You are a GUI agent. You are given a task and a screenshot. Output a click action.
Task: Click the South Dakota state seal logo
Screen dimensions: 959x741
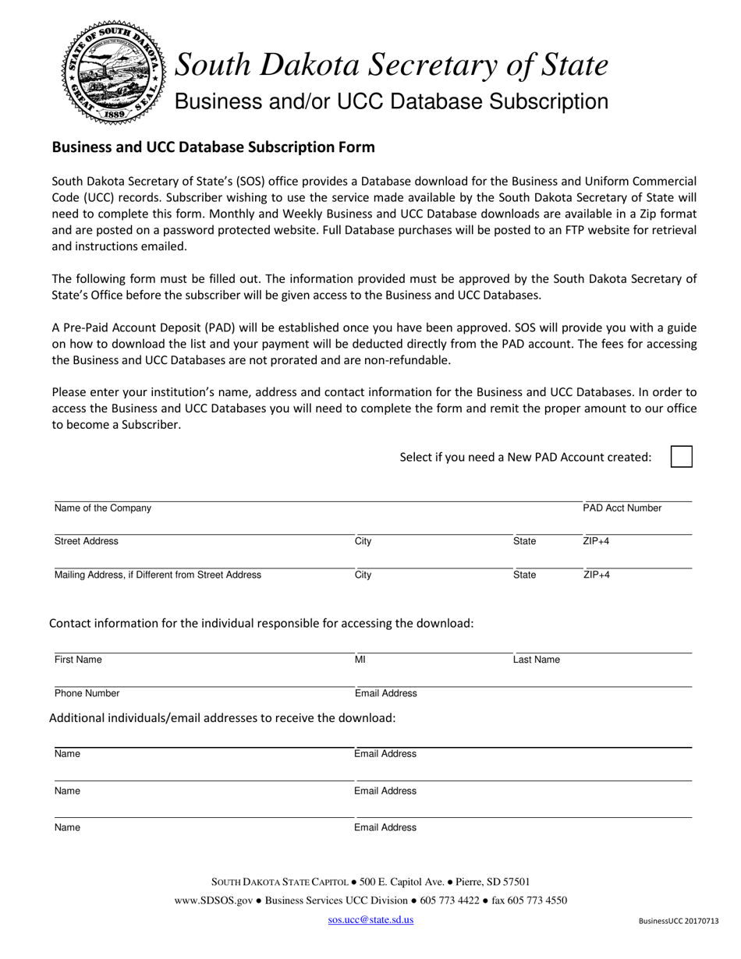click(113, 71)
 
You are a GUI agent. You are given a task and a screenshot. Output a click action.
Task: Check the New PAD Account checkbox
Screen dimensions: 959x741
click(681, 457)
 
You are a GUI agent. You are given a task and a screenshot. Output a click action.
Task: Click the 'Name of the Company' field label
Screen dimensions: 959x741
click(103, 508)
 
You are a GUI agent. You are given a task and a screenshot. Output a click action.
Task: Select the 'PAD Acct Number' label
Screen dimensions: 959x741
click(622, 508)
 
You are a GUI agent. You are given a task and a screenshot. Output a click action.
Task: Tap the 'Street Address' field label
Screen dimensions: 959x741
click(87, 541)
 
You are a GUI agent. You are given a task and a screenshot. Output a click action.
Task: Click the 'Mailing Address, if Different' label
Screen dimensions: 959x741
click(158, 575)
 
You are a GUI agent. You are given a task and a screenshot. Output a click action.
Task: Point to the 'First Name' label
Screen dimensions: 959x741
click(78, 660)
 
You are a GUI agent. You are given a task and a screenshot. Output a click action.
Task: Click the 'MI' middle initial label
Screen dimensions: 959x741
click(360, 660)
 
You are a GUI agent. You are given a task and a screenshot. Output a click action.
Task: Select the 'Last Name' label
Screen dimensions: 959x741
click(536, 660)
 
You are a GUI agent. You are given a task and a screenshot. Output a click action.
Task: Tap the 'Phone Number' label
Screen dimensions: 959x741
click(87, 693)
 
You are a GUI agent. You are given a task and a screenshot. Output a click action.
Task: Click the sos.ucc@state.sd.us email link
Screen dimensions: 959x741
click(370, 919)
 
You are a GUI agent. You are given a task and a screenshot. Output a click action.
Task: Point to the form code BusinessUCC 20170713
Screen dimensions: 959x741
click(678, 921)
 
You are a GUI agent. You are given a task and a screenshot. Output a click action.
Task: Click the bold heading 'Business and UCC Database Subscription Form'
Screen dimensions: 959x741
click(213, 147)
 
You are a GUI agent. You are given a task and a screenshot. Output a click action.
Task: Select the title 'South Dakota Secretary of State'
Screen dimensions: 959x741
click(391, 65)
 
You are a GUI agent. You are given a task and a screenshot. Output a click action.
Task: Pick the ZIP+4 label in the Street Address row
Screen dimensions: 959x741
click(596, 541)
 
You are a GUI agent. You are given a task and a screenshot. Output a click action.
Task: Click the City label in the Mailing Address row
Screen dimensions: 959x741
click(363, 575)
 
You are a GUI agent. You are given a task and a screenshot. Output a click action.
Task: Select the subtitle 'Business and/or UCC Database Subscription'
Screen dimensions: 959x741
click(391, 102)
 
